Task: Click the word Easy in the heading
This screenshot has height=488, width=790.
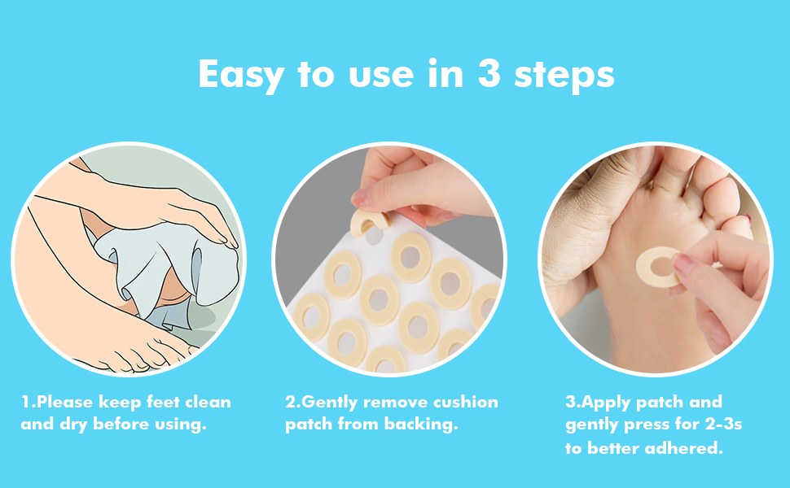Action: point(242,75)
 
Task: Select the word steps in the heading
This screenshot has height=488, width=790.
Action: point(564,75)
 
